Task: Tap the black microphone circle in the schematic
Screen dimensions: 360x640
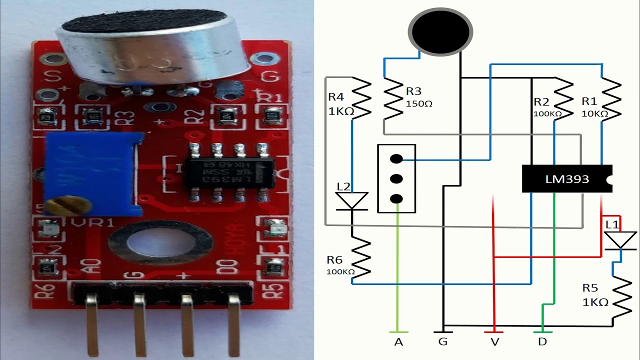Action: coord(440,31)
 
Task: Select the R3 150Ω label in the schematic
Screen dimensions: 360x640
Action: coord(418,97)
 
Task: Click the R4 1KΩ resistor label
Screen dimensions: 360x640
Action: coord(341,104)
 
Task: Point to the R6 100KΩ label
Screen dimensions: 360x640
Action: coord(340,265)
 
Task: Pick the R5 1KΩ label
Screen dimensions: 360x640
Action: coord(595,295)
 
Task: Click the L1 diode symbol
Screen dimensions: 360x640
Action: coord(620,240)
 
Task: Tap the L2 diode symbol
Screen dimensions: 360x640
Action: coord(351,201)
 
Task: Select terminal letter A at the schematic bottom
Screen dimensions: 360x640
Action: coord(398,342)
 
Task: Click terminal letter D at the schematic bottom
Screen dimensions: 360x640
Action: coord(542,342)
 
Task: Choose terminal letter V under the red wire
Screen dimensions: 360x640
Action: coord(494,342)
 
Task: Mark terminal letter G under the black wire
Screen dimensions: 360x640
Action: coord(443,342)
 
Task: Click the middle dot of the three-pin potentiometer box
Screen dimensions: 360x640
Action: coord(396,178)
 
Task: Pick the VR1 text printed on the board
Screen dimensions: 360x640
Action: coord(93,222)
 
